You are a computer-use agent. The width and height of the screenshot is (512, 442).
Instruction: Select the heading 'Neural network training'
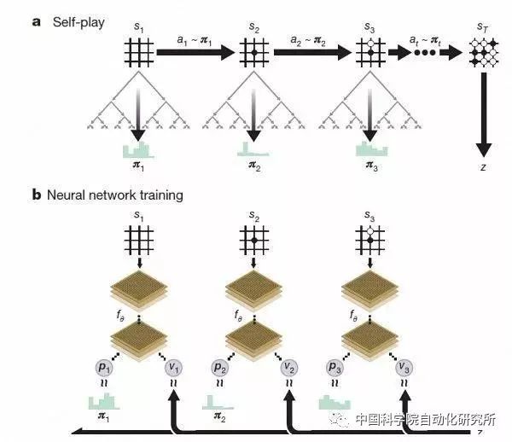click(113, 195)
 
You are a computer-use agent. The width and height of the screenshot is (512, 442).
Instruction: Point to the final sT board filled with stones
click(483, 54)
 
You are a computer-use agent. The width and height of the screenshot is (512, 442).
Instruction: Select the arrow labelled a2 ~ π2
click(311, 54)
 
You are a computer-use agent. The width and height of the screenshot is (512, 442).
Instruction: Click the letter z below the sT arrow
click(483, 167)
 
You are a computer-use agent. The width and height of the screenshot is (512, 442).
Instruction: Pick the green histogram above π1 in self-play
click(137, 151)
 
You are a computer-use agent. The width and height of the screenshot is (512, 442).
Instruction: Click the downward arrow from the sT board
click(483, 111)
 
